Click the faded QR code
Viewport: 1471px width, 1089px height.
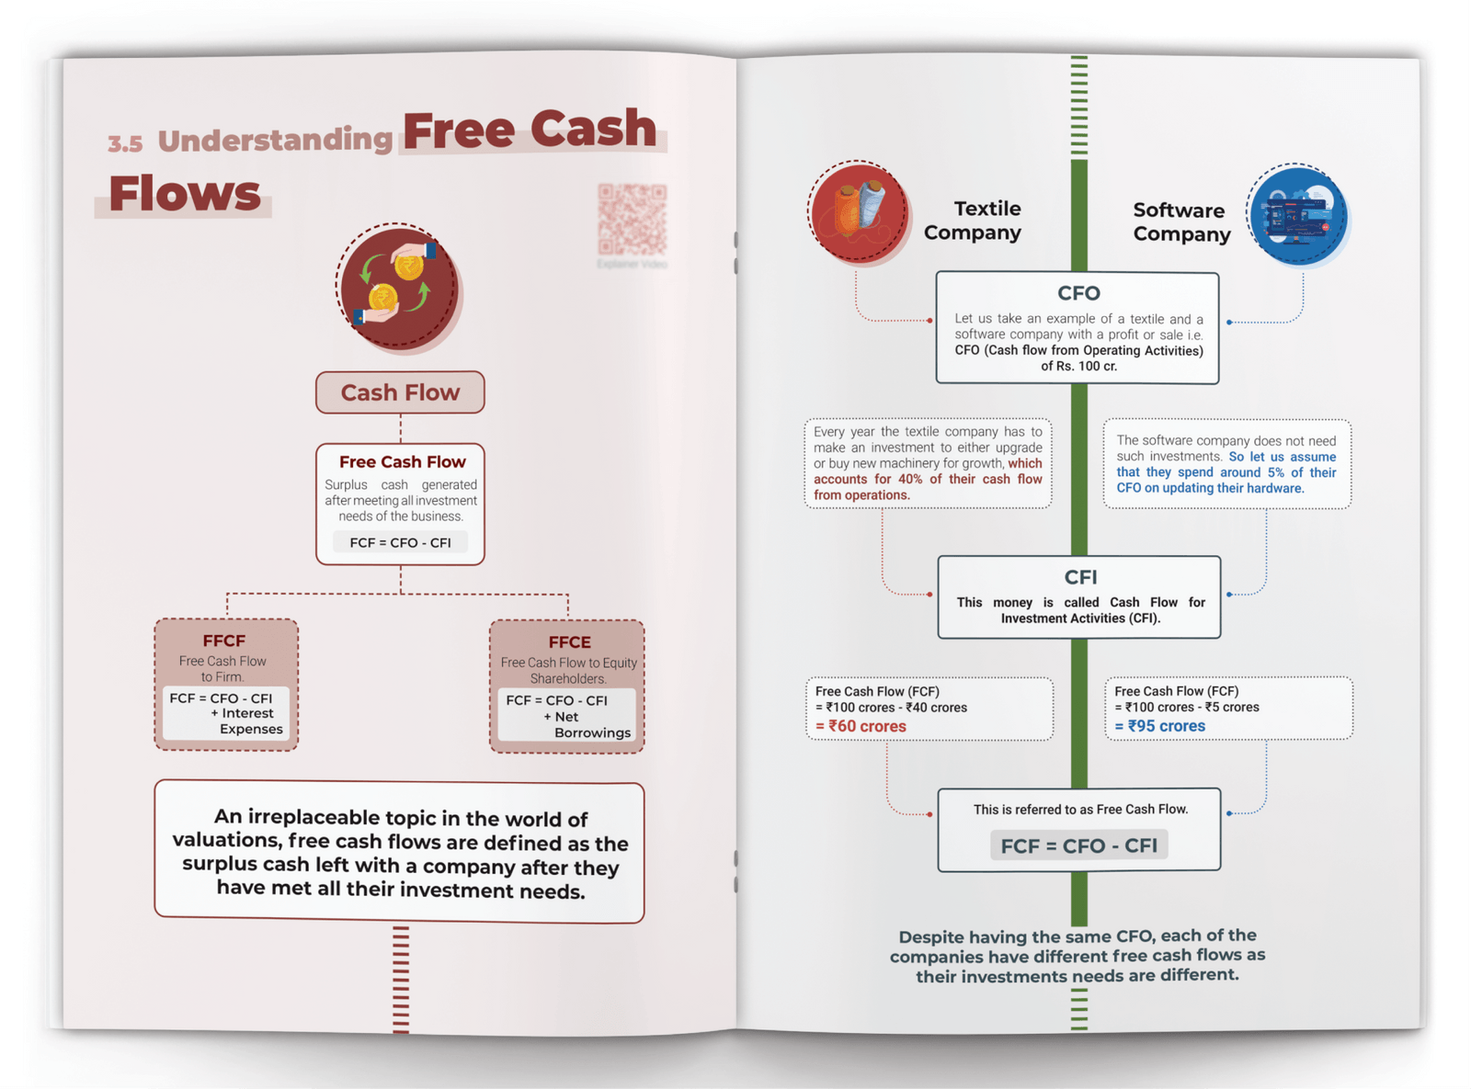coord(632,220)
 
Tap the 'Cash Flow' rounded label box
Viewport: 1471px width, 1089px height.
coord(400,392)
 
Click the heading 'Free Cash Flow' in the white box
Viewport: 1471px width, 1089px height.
coord(402,461)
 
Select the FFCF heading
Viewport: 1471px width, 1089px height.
coord(224,641)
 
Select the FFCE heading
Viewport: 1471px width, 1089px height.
coord(569,642)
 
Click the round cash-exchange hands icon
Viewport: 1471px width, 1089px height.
coord(397,287)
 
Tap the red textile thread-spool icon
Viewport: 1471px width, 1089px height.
coord(859,212)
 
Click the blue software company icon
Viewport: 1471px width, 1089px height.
coord(1297,216)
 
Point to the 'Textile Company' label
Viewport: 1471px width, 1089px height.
coord(973,221)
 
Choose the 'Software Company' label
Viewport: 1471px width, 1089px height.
coord(1181,222)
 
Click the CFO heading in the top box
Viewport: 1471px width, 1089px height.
coord(1078,293)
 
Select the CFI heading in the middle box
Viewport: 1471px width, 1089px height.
coord(1080,577)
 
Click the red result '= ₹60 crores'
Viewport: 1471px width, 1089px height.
coord(861,726)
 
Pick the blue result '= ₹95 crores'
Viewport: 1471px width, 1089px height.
coord(1160,726)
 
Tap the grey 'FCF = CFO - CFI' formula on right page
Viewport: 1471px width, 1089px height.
coord(1078,845)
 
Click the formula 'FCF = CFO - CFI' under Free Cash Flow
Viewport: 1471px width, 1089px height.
coord(400,542)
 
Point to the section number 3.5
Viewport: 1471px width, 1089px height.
coord(125,143)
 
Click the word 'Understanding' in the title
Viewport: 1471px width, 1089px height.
coord(275,140)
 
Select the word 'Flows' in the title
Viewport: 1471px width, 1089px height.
coord(185,193)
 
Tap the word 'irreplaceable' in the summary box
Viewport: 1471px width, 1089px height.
coord(314,818)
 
